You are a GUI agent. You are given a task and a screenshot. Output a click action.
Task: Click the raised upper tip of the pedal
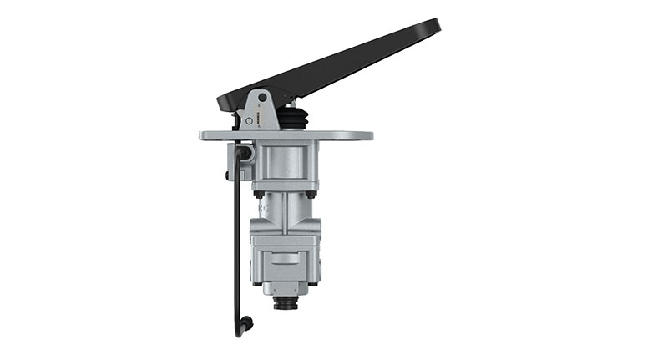tap(431, 28)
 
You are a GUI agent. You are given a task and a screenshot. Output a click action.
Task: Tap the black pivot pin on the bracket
tap(261, 98)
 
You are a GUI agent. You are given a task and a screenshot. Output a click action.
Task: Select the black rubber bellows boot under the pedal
tap(291, 120)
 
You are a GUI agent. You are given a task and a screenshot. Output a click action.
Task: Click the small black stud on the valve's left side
tap(228, 175)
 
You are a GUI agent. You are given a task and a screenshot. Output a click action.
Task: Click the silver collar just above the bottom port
tap(286, 287)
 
